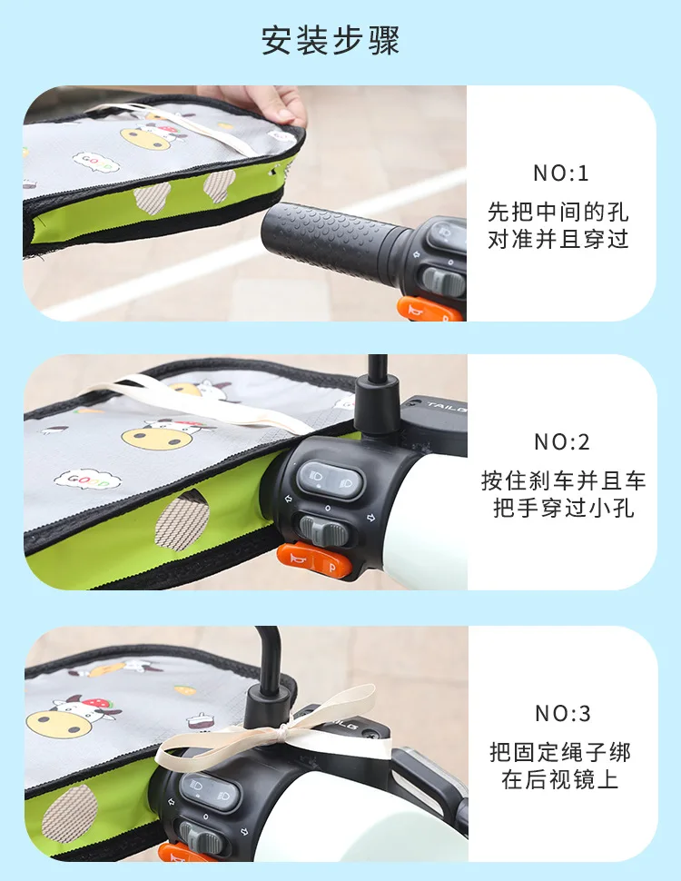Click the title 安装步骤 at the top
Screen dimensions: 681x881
[x=331, y=41]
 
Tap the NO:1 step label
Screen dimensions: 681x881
[x=561, y=173]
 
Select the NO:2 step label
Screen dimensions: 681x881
[x=562, y=442]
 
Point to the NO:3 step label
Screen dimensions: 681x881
[x=562, y=713]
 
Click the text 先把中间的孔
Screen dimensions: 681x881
[x=558, y=212]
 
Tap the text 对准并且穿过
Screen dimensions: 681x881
[x=558, y=240]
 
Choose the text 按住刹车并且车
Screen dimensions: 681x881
[x=564, y=481]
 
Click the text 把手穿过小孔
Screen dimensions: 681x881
[x=564, y=509]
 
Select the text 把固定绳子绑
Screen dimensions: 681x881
[x=560, y=752]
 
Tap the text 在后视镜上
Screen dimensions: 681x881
[x=560, y=779]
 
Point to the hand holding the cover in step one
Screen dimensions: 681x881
[x=256, y=103]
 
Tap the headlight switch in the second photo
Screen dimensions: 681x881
[x=330, y=480]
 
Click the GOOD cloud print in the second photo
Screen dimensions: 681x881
[x=88, y=480]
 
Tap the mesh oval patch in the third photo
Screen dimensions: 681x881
[x=69, y=813]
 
